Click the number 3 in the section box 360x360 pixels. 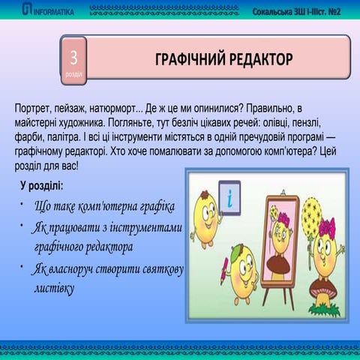73,58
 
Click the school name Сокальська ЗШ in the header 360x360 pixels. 279,10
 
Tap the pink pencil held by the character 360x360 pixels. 223,270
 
